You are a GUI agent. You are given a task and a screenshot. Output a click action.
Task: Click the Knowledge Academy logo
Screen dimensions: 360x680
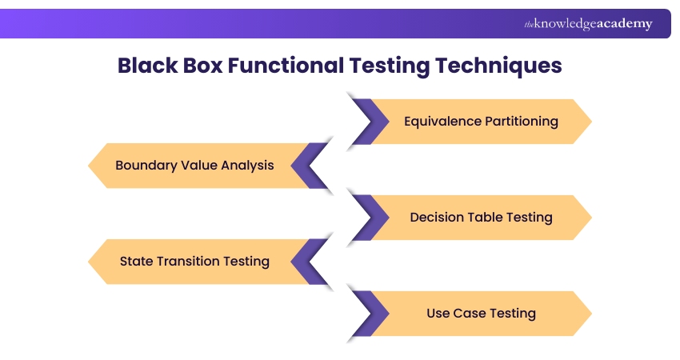point(588,24)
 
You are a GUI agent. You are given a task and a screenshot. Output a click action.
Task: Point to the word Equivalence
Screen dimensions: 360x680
point(442,122)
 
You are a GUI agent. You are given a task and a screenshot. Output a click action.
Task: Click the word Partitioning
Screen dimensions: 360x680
point(522,122)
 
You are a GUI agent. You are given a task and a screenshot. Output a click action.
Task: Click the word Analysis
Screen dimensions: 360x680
point(245,166)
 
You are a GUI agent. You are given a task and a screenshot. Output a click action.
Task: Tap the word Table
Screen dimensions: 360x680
point(490,217)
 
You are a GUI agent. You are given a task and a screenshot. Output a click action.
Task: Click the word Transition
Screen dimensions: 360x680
point(188,261)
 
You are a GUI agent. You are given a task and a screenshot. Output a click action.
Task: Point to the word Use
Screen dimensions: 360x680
point(439,313)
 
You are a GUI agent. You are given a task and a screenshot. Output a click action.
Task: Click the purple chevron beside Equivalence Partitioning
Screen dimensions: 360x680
point(366,122)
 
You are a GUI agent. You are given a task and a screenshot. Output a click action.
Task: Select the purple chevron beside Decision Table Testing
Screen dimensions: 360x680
point(366,218)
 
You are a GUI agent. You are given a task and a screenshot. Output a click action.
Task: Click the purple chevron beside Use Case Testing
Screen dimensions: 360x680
point(366,314)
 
